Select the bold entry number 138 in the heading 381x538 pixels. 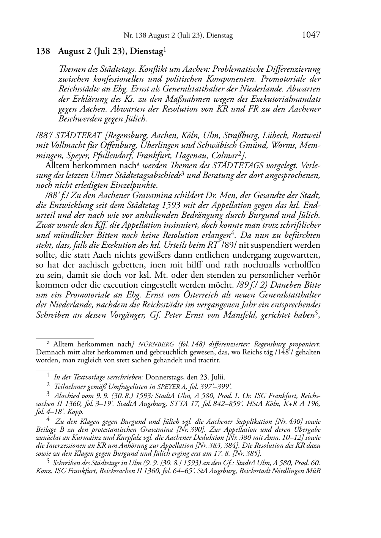43,52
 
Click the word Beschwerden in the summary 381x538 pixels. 77,119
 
